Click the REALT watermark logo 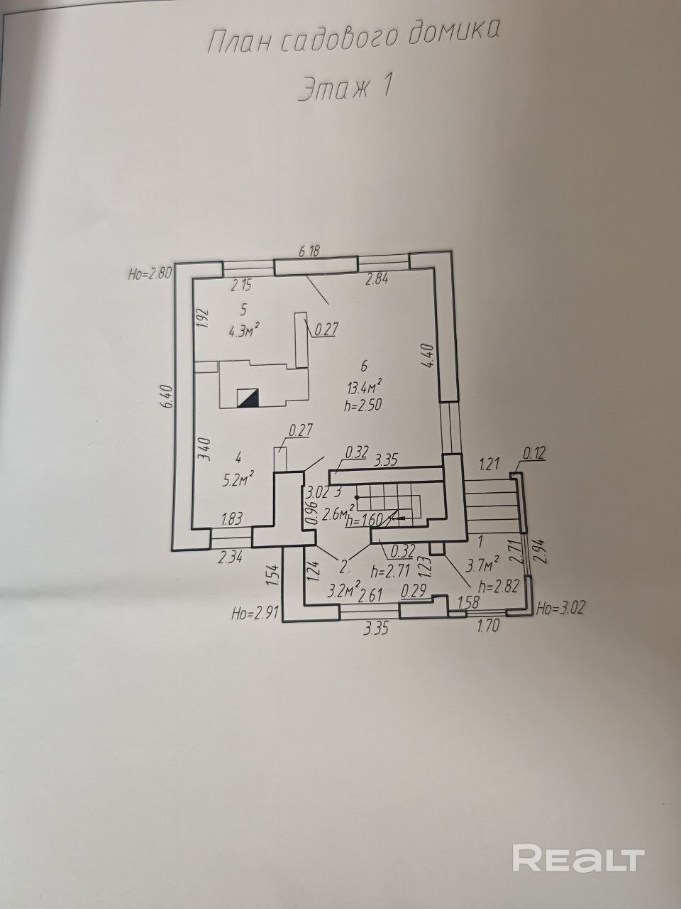[578, 858]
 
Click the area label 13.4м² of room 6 [365, 387]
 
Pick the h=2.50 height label [364, 405]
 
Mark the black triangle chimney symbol [248, 398]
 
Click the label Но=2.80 [149, 273]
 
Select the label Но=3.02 [561, 608]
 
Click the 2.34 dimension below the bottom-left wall [229, 557]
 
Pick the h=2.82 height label [494, 586]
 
